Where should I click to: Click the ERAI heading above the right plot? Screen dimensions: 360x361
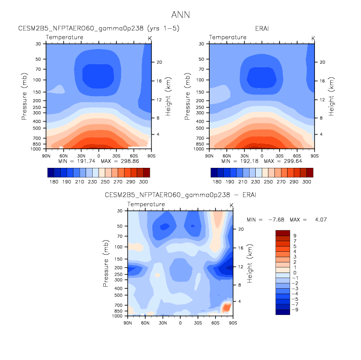pyautogui.click(x=261, y=28)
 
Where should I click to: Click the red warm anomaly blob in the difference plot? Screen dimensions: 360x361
pyautogui.click(x=226, y=306)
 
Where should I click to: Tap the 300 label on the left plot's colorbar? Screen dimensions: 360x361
pyautogui.click(x=144, y=181)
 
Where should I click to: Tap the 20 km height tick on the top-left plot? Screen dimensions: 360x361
pyautogui.click(x=158, y=62)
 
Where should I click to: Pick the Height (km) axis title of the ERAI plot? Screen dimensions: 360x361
pyautogui.click(x=332, y=96)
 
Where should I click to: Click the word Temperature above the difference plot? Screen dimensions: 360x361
pyautogui.click(x=146, y=204)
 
